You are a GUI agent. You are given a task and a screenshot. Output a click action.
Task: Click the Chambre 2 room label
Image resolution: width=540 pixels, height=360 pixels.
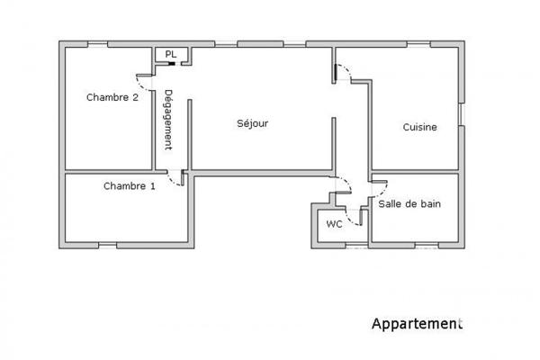(112, 97)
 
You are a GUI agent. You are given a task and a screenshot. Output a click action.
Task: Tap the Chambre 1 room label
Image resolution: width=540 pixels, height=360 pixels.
(129, 186)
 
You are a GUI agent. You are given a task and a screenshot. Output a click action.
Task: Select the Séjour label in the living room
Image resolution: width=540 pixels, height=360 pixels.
(252, 123)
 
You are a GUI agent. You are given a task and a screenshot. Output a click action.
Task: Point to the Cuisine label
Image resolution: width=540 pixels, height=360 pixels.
(419, 127)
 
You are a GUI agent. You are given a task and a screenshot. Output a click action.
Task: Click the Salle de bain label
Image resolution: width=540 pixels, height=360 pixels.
(409, 204)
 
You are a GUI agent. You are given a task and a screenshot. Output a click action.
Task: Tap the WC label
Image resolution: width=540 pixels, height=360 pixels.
(334, 223)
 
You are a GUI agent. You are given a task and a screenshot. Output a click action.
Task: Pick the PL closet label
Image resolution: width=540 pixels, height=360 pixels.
(170, 55)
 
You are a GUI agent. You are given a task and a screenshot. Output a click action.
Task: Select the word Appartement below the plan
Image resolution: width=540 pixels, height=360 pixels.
(417, 322)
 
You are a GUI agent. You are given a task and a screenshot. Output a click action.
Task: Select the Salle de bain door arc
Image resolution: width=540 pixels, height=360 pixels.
(378, 187)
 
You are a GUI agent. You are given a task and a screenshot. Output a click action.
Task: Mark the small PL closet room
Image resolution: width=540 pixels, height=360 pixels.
(169, 56)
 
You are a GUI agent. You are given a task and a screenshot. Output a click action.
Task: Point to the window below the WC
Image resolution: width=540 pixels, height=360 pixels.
(355, 245)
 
